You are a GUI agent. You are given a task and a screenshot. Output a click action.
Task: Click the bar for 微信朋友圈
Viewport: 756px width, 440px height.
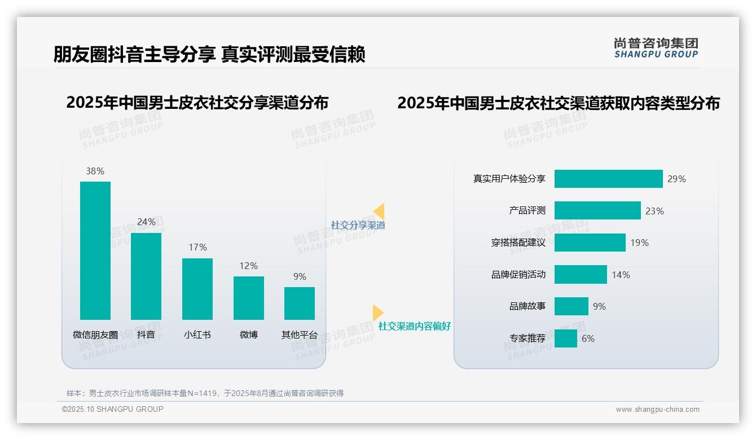click(x=95, y=250)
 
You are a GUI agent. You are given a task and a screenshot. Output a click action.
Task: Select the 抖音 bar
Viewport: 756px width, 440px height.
click(x=146, y=276)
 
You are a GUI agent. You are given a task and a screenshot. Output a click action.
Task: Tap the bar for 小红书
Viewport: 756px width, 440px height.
click(x=197, y=289)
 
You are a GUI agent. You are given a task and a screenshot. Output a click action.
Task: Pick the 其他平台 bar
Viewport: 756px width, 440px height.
click(x=300, y=303)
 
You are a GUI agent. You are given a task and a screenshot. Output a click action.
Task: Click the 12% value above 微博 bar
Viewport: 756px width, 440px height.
click(x=248, y=266)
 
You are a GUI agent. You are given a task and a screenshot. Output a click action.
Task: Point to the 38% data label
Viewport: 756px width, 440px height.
click(x=95, y=171)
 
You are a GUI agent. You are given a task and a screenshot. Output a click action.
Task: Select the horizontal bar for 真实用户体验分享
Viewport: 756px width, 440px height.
click(x=608, y=179)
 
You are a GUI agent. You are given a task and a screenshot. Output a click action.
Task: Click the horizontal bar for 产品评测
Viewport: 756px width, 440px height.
click(x=597, y=210)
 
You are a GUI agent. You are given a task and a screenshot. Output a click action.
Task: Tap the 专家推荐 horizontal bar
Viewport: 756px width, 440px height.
click(x=566, y=338)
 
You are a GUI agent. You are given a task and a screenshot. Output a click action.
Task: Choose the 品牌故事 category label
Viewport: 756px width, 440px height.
click(x=528, y=306)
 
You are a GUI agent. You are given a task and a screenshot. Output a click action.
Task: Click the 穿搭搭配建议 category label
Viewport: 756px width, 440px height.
click(x=518, y=243)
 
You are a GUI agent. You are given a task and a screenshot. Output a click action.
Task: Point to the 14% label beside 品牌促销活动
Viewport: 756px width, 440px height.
click(x=621, y=275)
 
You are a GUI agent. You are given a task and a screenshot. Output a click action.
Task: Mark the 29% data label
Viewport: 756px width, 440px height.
click(x=676, y=179)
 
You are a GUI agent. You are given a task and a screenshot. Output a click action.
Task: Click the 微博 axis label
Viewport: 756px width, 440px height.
click(x=249, y=335)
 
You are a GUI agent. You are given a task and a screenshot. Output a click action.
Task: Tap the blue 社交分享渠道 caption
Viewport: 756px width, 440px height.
click(x=358, y=225)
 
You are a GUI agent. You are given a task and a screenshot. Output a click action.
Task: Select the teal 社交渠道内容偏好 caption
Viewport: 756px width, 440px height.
click(x=415, y=326)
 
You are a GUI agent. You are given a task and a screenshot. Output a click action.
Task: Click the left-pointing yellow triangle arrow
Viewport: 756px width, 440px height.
click(x=379, y=212)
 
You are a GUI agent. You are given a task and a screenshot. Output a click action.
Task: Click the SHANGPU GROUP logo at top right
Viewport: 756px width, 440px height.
click(x=656, y=47)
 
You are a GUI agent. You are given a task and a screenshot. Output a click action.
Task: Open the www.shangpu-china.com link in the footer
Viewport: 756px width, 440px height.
click(x=657, y=410)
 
